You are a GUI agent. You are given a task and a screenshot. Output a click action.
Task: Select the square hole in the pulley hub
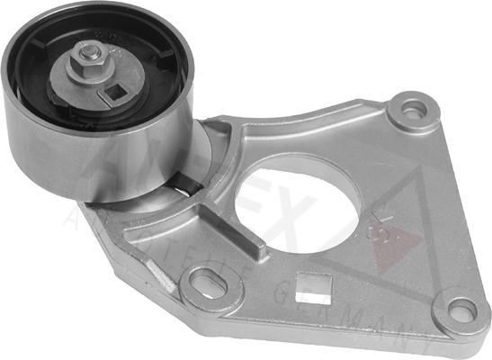(x=113, y=91)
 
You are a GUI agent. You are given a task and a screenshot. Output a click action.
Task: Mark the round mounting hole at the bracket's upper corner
(x=413, y=111)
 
